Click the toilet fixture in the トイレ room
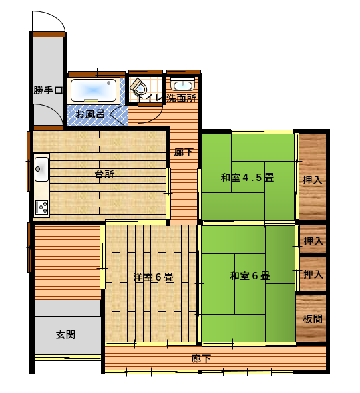tap(138, 86)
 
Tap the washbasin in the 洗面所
tap(182, 84)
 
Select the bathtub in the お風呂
tap(94, 90)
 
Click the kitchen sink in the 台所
tap(41, 169)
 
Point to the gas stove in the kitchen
tap(41, 207)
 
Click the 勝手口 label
tap(48, 90)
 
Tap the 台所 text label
tap(104, 174)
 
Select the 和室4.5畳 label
tap(247, 178)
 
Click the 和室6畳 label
tap(250, 275)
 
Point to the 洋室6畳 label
tap(154, 277)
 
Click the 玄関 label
tap(65, 334)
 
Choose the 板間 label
tap(313, 319)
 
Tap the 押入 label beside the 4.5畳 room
tap(312, 180)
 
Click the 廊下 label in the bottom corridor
tap(201, 359)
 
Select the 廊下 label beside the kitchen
tap(184, 152)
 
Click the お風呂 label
tap(90, 114)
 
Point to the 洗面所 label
tap(181, 98)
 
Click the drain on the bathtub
tap(108, 83)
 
